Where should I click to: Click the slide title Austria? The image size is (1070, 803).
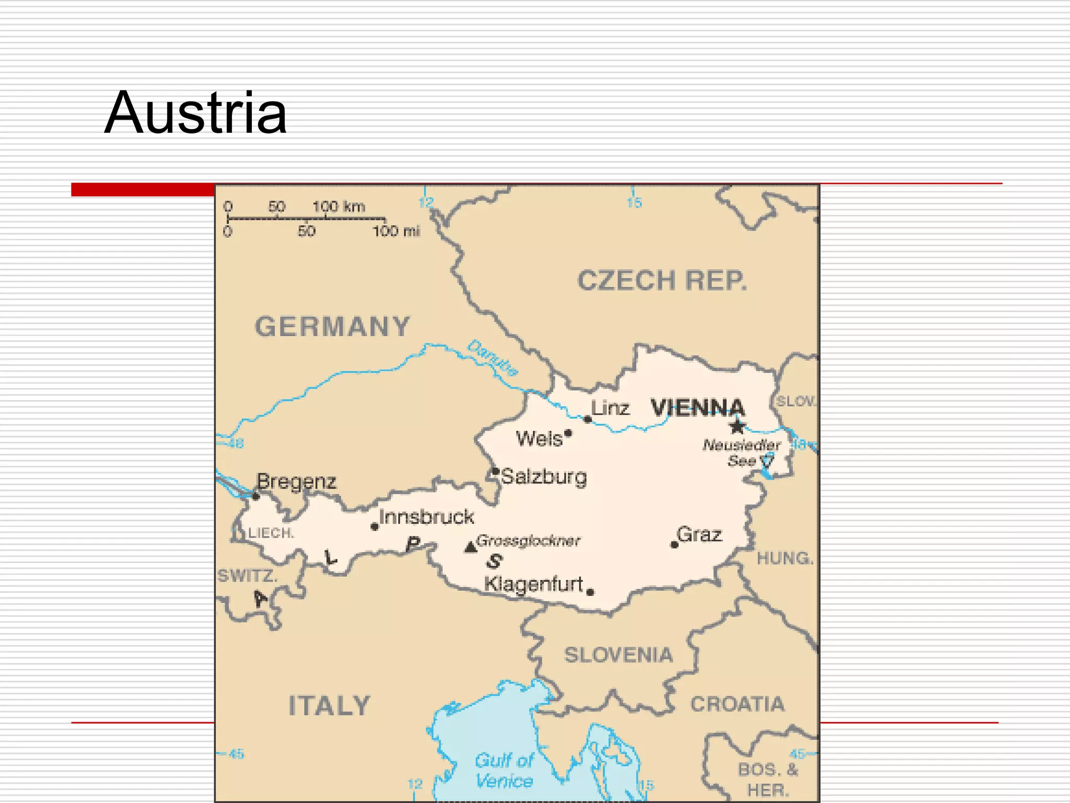pyautogui.click(x=195, y=113)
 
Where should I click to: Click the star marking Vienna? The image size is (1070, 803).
pyautogui.click(x=737, y=427)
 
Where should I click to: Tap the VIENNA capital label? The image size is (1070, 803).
pyautogui.click(x=697, y=408)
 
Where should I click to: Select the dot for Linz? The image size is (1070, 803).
pyautogui.click(x=588, y=419)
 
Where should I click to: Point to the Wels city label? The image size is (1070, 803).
pyautogui.click(x=539, y=439)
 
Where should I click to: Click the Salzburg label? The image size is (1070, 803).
pyautogui.click(x=543, y=477)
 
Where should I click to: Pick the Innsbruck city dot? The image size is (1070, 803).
pyautogui.click(x=374, y=526)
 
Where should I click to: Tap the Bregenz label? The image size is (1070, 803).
pyautogui.click(x=296, y=481)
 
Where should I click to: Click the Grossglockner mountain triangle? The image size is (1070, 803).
pyautogui.click(x=470, y=547)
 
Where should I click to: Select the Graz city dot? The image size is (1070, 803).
pyautogui.click(x=674, y=545)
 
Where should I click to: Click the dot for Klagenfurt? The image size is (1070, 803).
pyautogui.click(x=590, y=592)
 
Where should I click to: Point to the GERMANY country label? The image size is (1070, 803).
pyautogui.click(x=332, y=327)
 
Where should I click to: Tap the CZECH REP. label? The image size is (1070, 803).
pyautogui.click(x=662, y=281)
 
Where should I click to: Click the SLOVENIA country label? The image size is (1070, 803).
pyautogui.click(x=618, y=655)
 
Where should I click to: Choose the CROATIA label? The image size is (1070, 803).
pyautogui.click(x=737, y=704)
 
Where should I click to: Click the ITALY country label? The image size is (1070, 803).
pyautogui.click(x=329, y=706)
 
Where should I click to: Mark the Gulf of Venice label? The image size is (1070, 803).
pyautogui.click(x=504, y=770)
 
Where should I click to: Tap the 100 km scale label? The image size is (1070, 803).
pyautogui.click(x=339, y=207)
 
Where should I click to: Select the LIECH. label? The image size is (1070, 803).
pyautogui.click(x=271, y=533)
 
